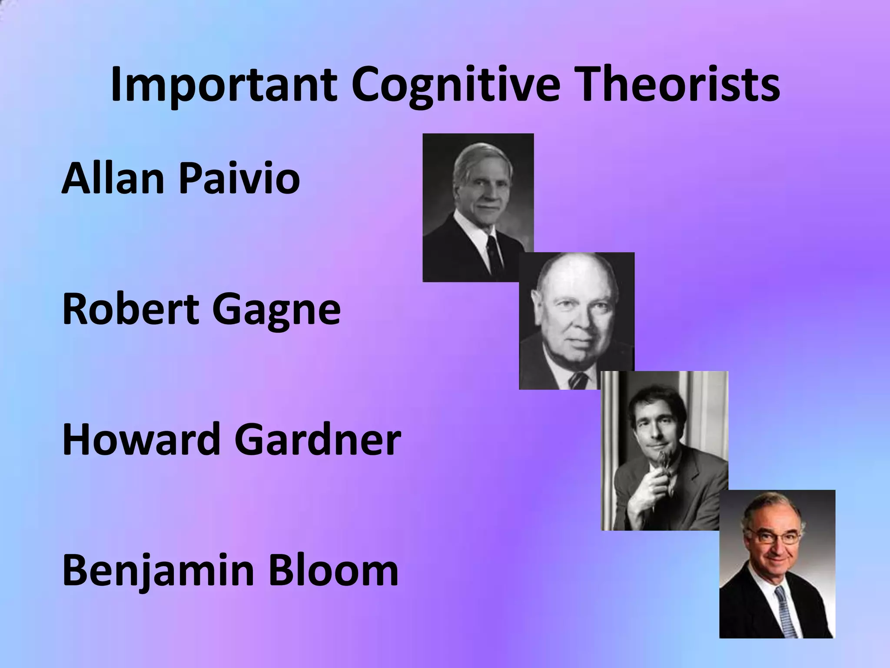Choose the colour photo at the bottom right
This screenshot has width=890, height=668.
[777, 564]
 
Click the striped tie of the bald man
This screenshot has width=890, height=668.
[578, 381]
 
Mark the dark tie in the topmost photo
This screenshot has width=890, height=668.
[494, 254]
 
